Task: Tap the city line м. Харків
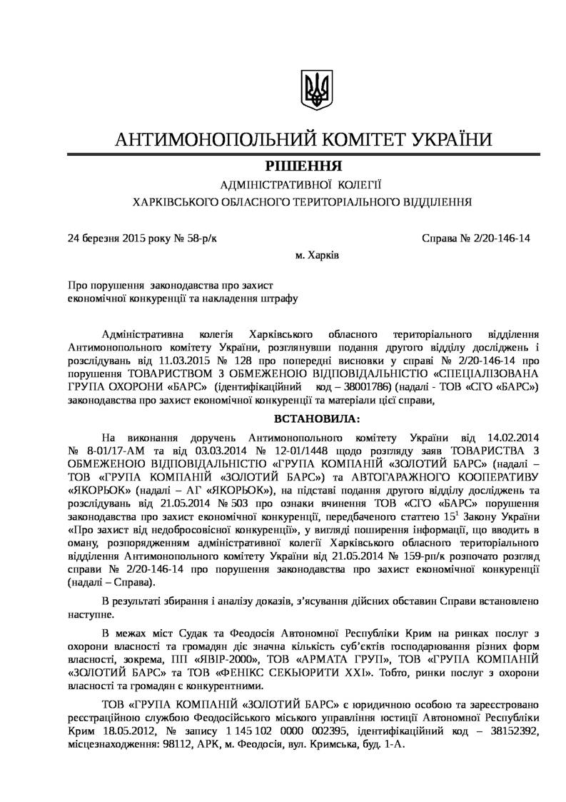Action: (x=317, y=254)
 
